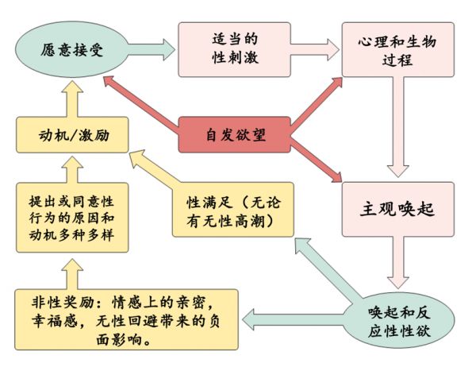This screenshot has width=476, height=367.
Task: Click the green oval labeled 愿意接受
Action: [71, 48]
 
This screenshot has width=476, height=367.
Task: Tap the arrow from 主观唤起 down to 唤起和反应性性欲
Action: [397, 266]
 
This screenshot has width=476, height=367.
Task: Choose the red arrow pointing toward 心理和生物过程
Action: [309, 99]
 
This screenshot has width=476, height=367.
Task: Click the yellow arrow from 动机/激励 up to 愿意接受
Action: [71, 96]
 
